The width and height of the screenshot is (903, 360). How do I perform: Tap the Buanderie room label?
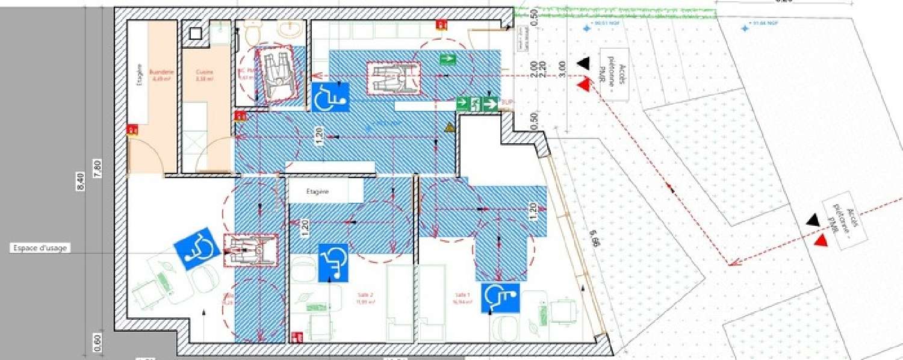point(161,75)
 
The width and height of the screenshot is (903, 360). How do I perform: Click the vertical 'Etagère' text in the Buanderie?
point(139,76)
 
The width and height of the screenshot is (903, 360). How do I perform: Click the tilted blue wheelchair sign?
point(197,248)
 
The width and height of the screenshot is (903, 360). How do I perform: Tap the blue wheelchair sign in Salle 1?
point(500,298)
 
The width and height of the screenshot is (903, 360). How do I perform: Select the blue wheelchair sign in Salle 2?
point(333,262)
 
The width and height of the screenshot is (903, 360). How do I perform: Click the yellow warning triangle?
point(448,128)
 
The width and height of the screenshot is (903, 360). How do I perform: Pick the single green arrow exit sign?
point(448,58)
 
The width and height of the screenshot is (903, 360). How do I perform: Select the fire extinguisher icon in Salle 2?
point(296,337)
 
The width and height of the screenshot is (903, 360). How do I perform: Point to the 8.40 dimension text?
point(81,180)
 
